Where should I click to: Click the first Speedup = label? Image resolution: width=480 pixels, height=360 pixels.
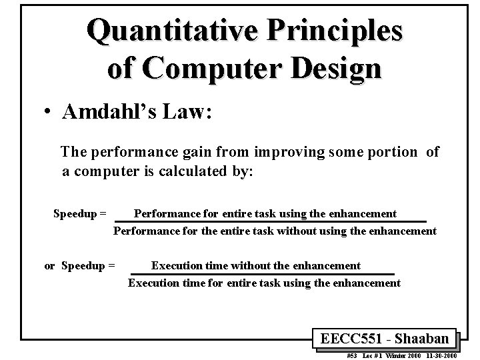click(x=80, y=214)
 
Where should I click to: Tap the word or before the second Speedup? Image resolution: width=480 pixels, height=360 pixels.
click(x=49, y=266)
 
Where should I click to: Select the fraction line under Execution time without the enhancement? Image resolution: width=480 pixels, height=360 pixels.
click(x=261, y=274)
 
